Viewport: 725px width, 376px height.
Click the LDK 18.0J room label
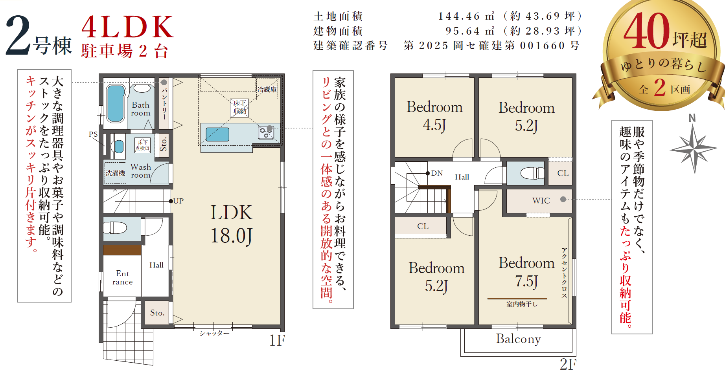pyautogui.click(x=231, y=224)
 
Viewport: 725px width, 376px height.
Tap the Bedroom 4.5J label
pyautogui.click(x=434, y=116)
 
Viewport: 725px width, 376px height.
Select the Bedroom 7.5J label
pyautogui.click(x=526, y=272)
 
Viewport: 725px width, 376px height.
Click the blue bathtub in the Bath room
pyautogui.click(x=116, y=103)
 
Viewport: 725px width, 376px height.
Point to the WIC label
pyautogui.click(x=541, y=200)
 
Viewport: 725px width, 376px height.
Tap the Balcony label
pyautogui.click(x=518, y=339)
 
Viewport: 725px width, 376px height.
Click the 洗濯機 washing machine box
pyautogui.click(x=115, y=173)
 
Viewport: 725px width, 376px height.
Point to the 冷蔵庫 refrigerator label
pyautogui.click(x=267, y=89)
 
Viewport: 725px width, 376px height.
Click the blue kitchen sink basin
pyautogui.click(x=217, y=134)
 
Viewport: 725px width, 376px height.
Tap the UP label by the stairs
pyautogui.click(x=178, y=201)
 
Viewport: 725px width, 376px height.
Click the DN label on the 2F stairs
pyautogui.click(x=437, y=173)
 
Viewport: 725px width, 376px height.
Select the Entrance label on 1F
pyautogui.click(x=123, y=277)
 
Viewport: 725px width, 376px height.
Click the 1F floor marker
pyautogui.click(x=277, y=340)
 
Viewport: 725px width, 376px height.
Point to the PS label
pyautogui.click(x=93, y=134)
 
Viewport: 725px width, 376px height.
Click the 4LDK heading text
pyautogui.click(x=128, y=27)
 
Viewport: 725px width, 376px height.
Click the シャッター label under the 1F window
pyautogui.click(x=214, y=333)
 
